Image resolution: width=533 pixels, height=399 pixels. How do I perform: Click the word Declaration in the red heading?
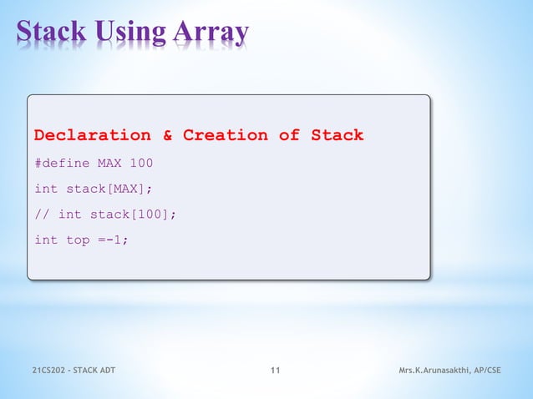pos(93,135)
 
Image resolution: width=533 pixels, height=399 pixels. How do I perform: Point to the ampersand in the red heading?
pos(167,135)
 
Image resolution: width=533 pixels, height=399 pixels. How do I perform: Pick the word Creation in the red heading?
pos(226,135)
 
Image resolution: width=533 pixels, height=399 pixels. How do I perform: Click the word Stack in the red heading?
pos(337,135)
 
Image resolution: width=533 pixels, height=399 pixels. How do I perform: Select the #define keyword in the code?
pos(62,163)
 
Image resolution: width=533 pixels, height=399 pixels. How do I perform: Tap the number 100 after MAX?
pos(141,163)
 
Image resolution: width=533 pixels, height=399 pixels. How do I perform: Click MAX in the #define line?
pos(109,163)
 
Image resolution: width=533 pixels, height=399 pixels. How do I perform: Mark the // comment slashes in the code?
pos(42,215)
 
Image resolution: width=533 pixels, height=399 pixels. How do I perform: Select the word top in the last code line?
pos(78,240)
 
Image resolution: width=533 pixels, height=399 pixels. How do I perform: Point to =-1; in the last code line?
pos(114,240)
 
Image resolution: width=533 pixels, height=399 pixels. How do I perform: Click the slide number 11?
pos(276,371)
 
